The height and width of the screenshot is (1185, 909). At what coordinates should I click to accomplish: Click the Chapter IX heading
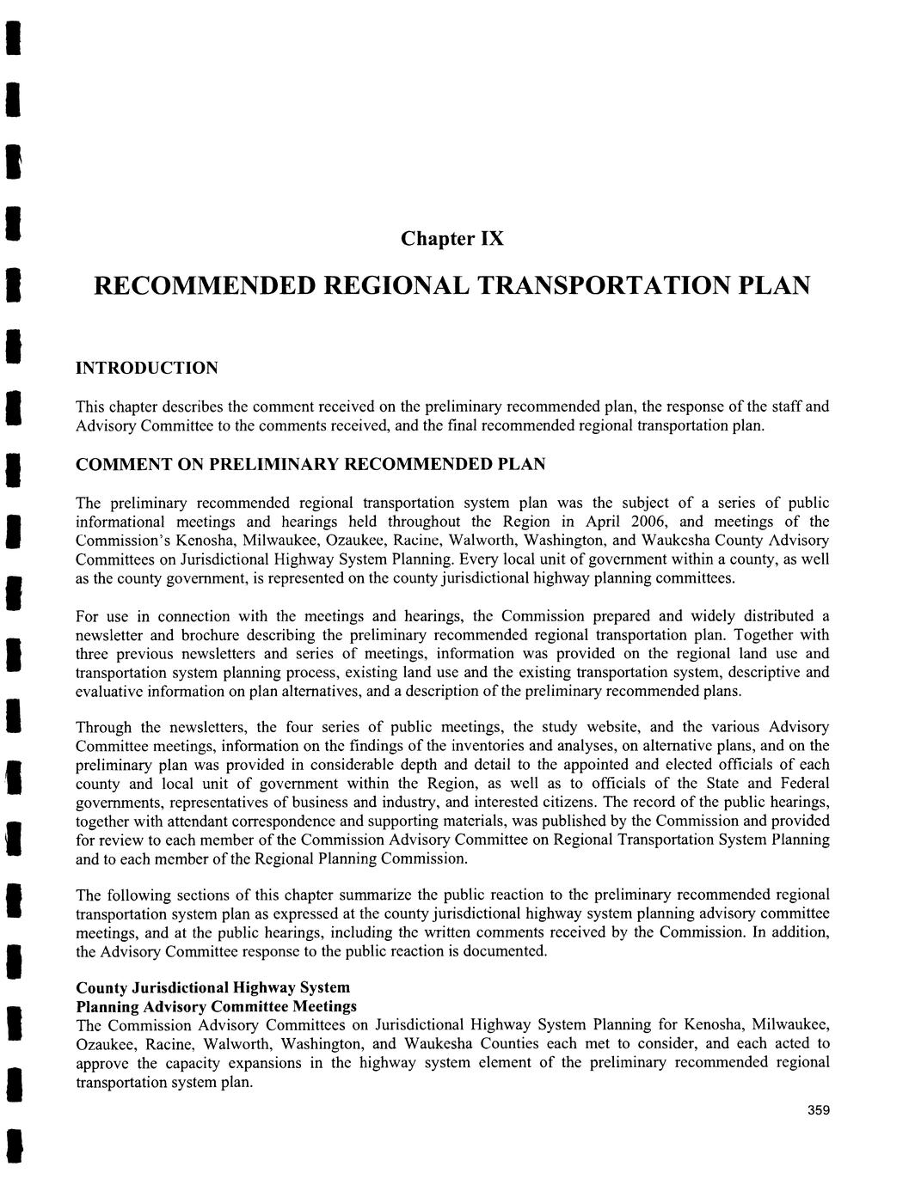coord(451,238)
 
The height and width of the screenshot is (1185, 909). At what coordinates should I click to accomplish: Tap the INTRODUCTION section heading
coord(147,368)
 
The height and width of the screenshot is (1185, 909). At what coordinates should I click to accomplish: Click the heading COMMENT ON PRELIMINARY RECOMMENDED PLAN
coord(310,464)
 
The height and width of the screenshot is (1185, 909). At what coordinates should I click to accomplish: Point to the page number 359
coord(818,1112)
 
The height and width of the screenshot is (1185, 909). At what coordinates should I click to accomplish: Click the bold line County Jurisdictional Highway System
coord(212,987)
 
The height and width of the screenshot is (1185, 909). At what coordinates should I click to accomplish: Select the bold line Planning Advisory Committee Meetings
coord(216,1005)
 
